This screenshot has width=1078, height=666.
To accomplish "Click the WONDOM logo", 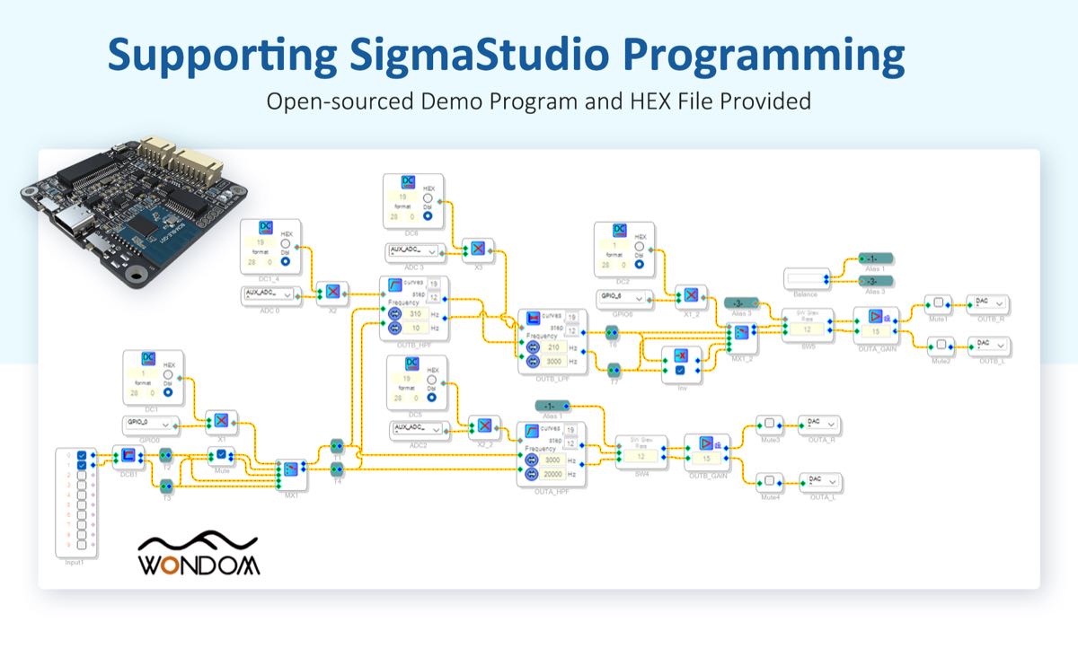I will (199, 556).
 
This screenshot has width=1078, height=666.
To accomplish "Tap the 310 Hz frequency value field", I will (413, 314).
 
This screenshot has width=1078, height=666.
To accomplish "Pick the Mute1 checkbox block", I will (938, 302).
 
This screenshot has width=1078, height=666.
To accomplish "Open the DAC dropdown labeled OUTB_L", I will (988, 345).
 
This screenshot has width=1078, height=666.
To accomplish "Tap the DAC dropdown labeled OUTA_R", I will (819, 423).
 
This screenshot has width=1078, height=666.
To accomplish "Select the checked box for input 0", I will (83, 454).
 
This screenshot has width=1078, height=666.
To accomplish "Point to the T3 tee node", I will (166, 486).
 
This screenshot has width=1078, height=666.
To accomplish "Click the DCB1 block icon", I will (127, 455).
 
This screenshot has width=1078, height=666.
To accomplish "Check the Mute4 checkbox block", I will (769, 480).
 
